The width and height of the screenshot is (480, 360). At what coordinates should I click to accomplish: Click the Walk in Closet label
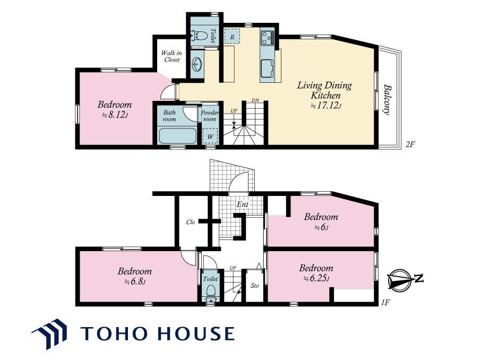coord(172,56)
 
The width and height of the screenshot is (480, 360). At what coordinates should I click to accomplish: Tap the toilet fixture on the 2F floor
coord(200,37)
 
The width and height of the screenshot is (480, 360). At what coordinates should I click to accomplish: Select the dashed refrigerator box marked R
coord(232,37)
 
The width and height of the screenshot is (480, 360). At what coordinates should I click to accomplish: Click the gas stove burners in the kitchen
coord(268,38)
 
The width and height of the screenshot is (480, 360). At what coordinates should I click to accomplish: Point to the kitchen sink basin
coord(267,69)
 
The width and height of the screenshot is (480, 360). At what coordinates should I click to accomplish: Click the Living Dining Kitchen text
coord(324,90)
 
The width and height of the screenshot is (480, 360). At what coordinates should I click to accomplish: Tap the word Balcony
coord(387,99)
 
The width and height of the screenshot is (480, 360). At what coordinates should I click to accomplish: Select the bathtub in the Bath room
coord(177,136)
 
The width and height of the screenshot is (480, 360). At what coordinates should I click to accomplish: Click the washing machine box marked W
coord(210,136)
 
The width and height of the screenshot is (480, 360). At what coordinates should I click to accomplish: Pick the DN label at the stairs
coord(255,100)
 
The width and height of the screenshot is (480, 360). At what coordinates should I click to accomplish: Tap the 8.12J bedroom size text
coord(115,115)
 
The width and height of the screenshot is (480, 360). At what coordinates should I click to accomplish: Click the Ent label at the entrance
coord(243,204)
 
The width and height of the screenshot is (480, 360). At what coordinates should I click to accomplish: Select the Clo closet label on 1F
coord(191,222)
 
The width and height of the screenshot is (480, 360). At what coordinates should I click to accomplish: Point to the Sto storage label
coord(255,286)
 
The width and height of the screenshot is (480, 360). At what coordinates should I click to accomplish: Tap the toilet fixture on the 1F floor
coord(211,293)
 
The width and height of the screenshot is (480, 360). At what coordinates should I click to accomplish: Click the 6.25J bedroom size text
coord(316,279)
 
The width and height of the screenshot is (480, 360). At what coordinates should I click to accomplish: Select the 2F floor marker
coord(410,144)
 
